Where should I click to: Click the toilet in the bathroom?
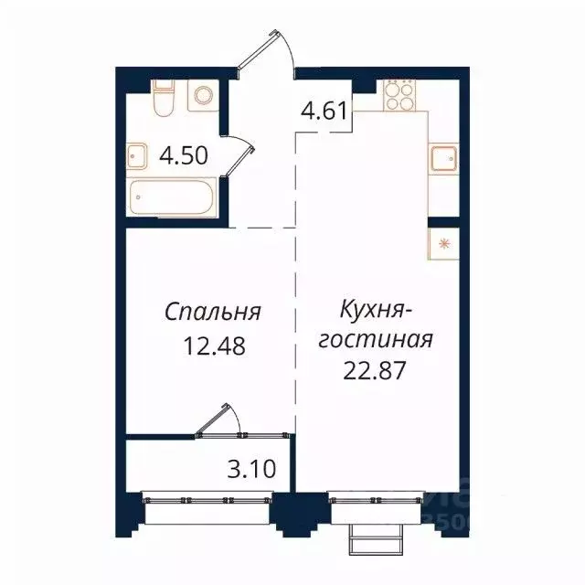pos(164,99)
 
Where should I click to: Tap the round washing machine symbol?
pos(203,94)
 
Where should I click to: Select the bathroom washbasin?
pos(137,156)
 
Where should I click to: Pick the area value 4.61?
pos(324,115)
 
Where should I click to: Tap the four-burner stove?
pos(399,94)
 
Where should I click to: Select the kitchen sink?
pos(444,158)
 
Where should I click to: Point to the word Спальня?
pos(213,312)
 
